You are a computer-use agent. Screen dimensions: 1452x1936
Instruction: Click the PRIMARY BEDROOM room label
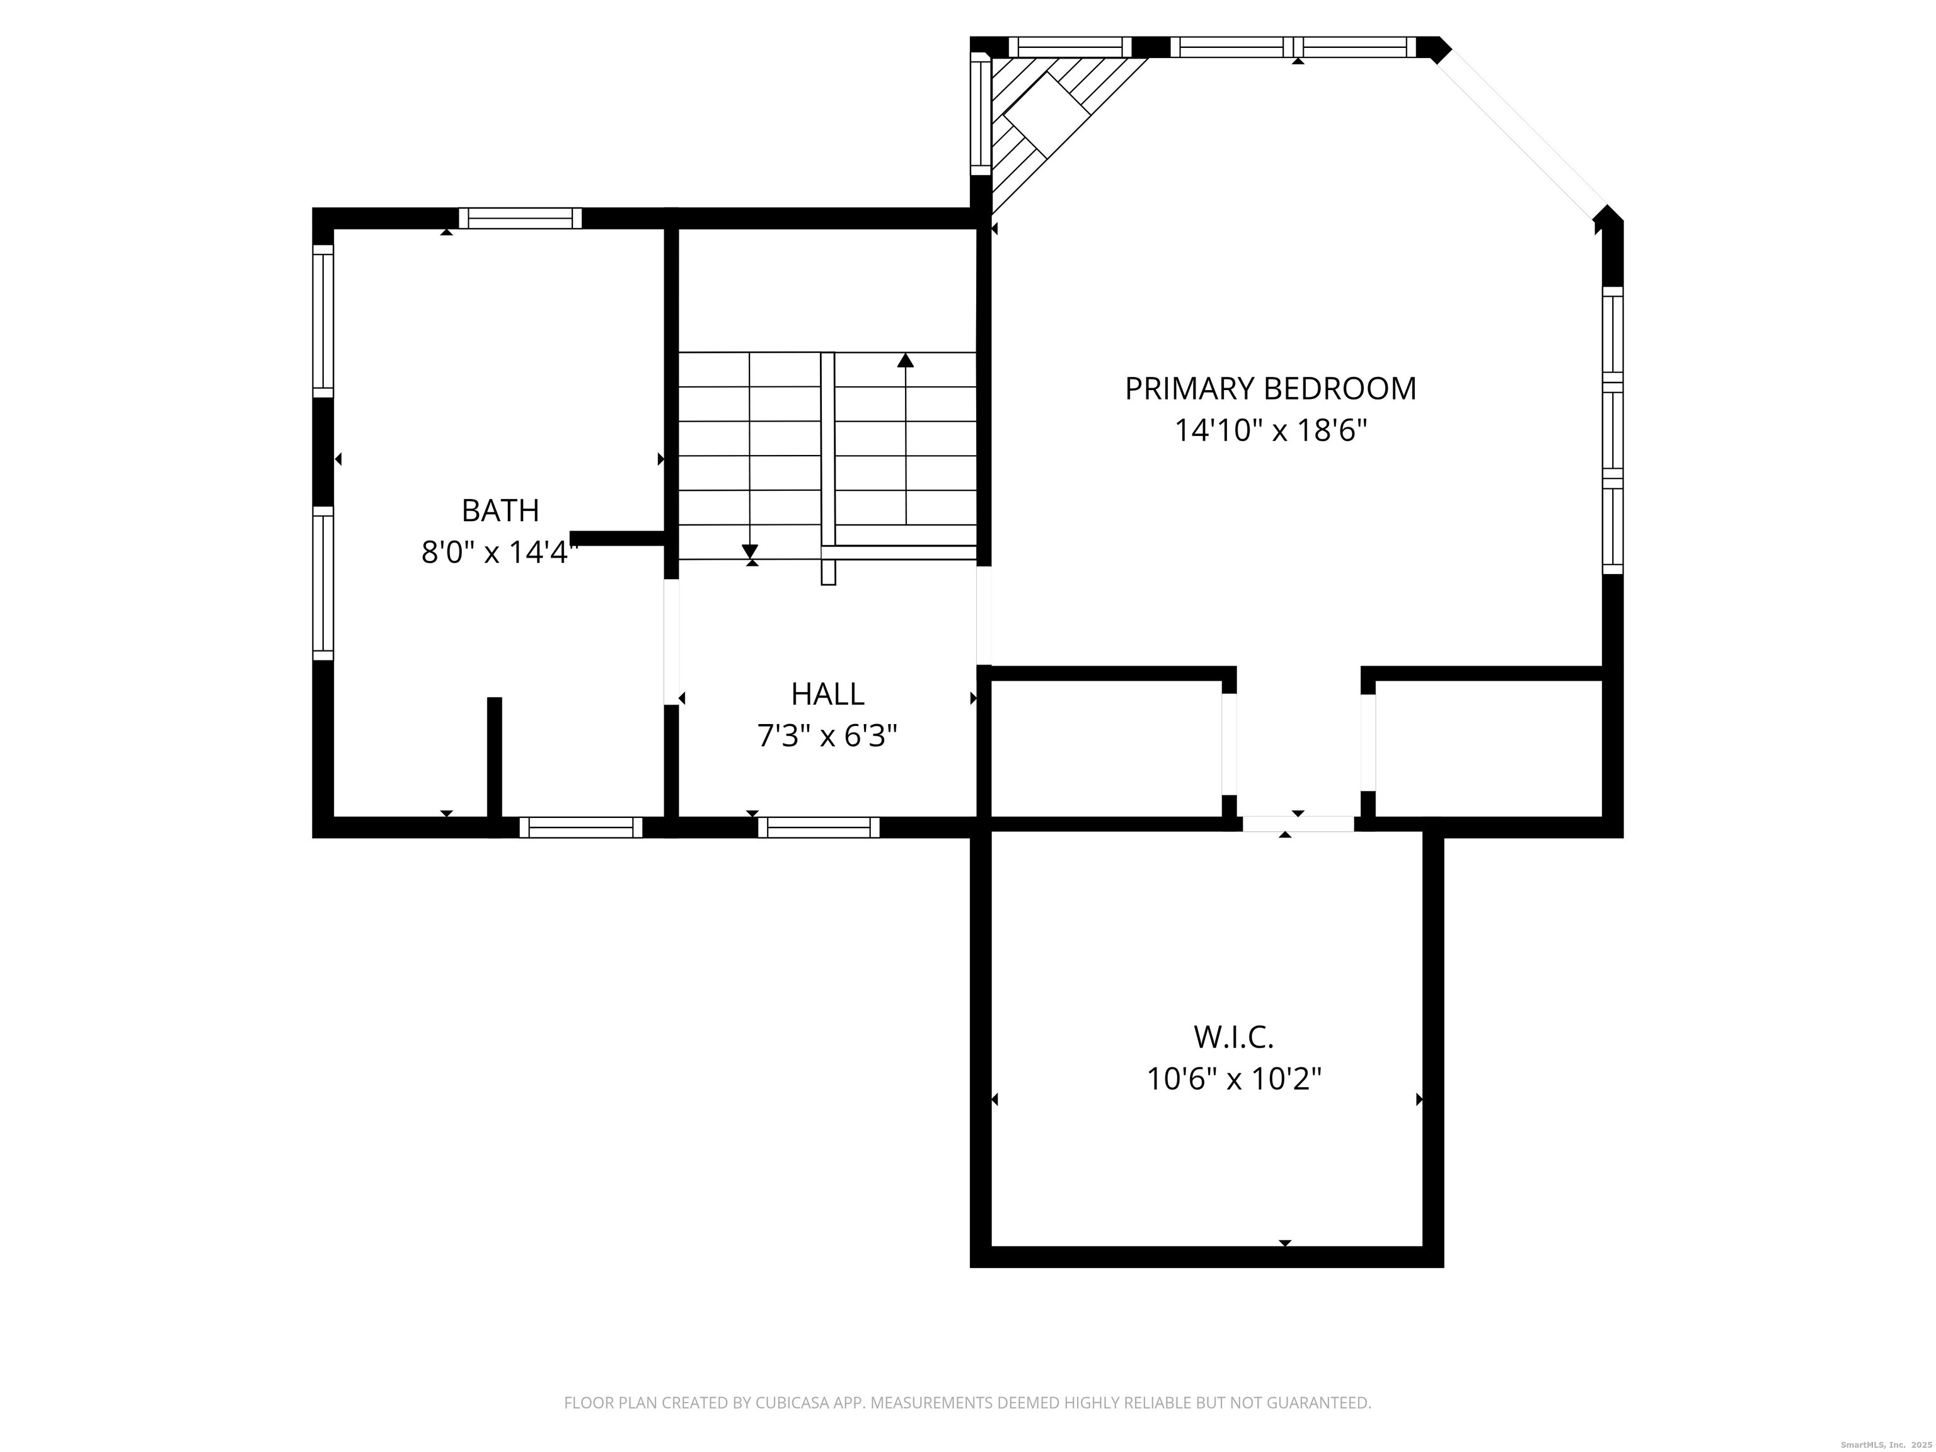coord(1270,389)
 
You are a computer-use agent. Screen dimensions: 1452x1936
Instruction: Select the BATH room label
coord(500,510)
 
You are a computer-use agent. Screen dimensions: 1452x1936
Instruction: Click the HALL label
coord(827,694)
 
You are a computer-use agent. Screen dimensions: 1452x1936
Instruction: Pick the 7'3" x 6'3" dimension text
coord(827,736)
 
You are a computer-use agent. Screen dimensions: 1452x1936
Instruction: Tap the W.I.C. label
coord(1233,1037)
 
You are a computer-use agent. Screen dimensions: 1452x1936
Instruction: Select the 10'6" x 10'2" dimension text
coord(1233,1079)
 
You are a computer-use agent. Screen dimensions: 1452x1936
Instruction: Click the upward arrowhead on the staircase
coord(906,360)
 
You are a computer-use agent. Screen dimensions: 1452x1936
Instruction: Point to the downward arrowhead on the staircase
coord(750,551)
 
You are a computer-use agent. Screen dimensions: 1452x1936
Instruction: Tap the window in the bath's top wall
coord(520,218)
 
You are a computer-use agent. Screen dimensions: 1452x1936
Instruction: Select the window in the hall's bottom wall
coord(819,827)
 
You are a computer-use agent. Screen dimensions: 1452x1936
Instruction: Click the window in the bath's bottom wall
coord(580,827)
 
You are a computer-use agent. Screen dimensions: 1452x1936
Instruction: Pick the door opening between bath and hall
coord(671,642)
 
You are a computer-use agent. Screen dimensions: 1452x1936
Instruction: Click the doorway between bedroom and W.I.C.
coord(1298,824)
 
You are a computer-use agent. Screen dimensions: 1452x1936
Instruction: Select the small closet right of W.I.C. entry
coord(1488,748)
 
